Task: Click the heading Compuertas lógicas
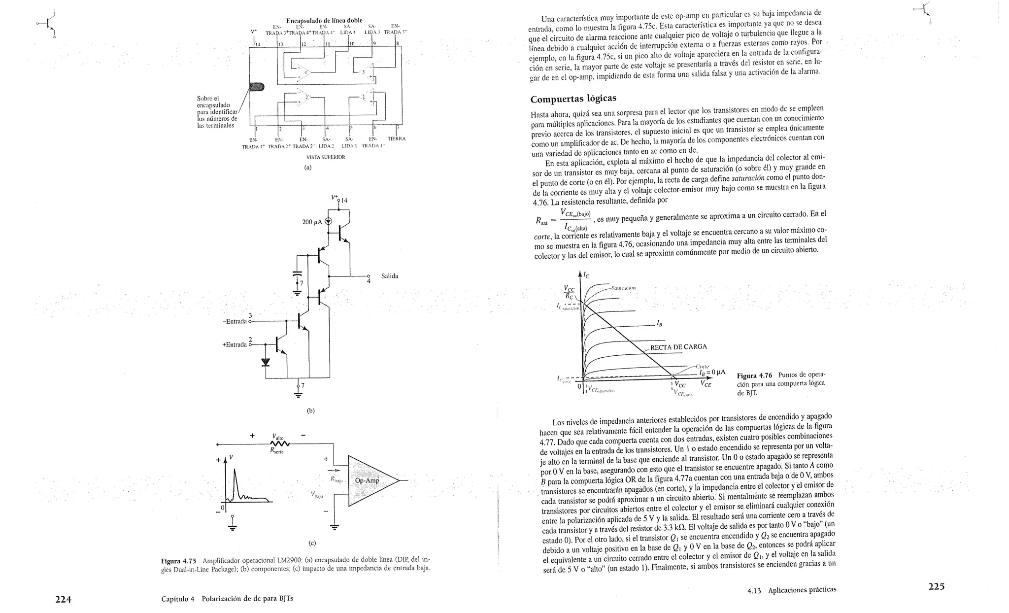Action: coord(573,99)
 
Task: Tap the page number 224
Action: coord(63,599)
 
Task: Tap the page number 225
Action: coord(937,586)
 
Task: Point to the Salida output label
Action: coord(389,276)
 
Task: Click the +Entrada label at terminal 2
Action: coord(235,344)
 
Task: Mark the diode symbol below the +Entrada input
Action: coord(266,362)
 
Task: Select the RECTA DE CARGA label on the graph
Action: coord(678,346)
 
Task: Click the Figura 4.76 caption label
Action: coord(754,375)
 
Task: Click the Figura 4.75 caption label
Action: coord(178,561)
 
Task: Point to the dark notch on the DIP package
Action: coord(257,87)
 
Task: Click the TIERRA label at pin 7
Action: coord(396,138)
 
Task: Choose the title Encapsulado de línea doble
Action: coord(324,20)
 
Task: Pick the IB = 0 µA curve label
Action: coord(711,373)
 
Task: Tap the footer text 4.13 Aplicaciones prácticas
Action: coord(791,589)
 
